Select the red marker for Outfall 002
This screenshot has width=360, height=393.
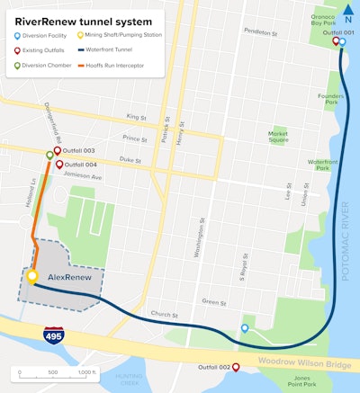tap(236, 367)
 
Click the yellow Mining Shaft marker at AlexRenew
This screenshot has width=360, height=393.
tap(32, 276)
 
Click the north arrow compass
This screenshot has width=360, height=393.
tap(349, 13)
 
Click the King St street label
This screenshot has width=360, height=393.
tap(136, 117)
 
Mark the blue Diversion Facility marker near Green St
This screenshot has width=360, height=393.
tap(245, 328)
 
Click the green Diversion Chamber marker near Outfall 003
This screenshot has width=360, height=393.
tap(49, 155)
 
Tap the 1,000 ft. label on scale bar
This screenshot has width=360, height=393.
tap(86, 371)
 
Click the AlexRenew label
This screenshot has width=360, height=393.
tap(68, 278)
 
